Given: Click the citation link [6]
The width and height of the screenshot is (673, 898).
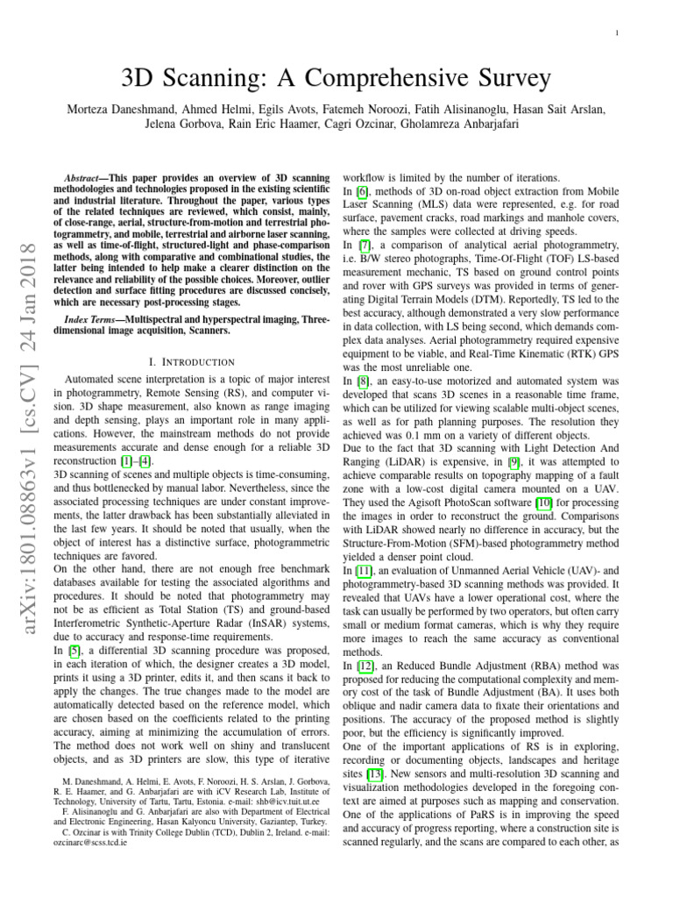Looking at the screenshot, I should (x=361, y=191).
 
